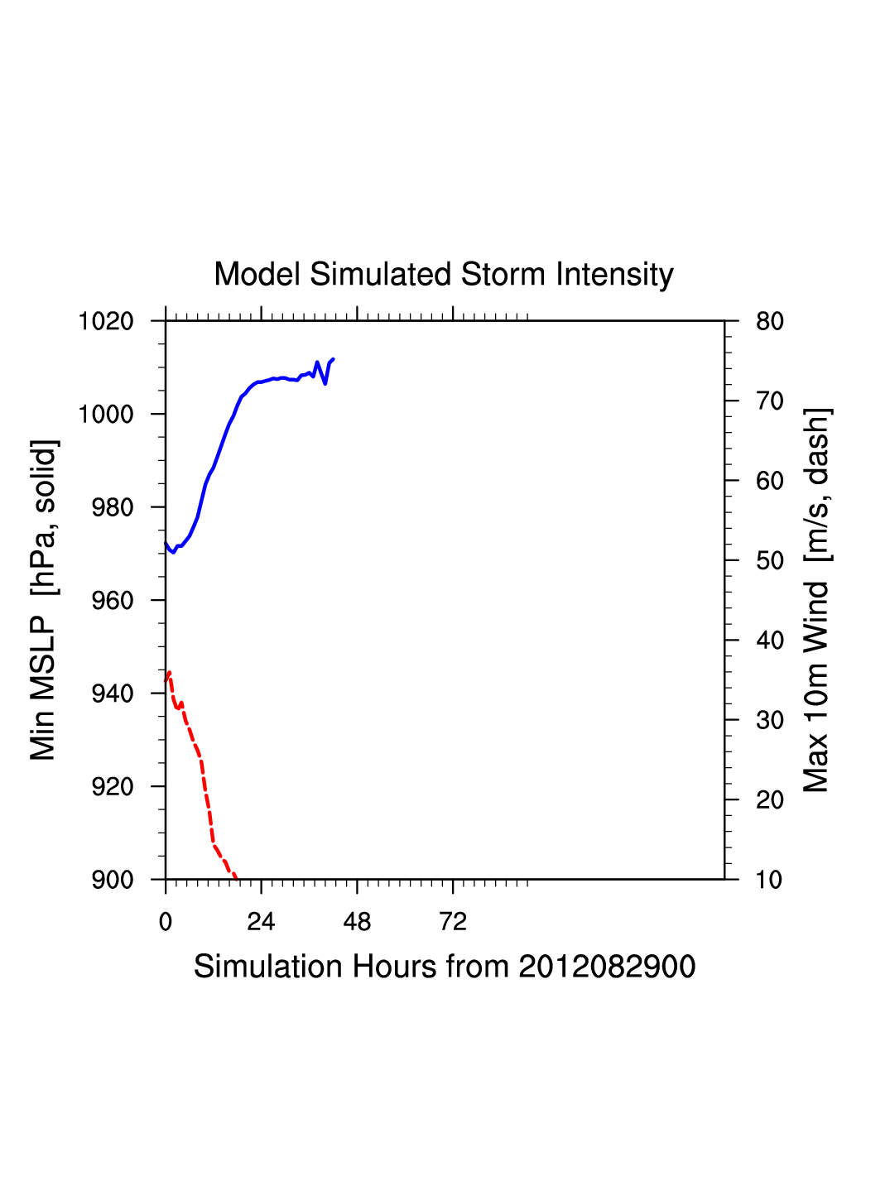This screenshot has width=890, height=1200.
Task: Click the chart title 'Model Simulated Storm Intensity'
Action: point(444,275)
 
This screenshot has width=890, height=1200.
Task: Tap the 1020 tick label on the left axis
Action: point(106,321)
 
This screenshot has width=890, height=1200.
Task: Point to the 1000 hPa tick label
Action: point(106,414)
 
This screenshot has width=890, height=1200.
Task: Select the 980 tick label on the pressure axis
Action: point(112,507)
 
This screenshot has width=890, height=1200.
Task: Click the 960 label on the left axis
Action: point(112,601)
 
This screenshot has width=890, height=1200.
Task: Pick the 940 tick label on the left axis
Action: point(112,694)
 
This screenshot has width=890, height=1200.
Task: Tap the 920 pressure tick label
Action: point(112,787)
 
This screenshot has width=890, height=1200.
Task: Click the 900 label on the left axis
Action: point(112,880)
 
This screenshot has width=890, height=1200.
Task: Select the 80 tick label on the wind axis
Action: point(770,321)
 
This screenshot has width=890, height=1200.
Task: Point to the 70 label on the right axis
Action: point(770,401)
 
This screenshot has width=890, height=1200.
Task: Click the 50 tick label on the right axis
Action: point(770,561)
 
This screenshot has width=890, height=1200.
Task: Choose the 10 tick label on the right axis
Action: point(770,880)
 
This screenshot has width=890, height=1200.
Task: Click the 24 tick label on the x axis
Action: point(261,922)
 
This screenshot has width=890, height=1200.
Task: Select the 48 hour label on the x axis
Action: point(357,922)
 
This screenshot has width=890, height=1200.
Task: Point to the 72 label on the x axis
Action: point(453,922)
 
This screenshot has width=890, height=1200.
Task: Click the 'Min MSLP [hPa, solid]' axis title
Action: point(43,600)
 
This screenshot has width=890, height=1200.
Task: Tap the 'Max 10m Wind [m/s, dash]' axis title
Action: point(816,600)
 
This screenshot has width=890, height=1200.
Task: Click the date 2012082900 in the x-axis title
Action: point(607,967)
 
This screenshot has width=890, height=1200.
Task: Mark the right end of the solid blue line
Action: point(333,359)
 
